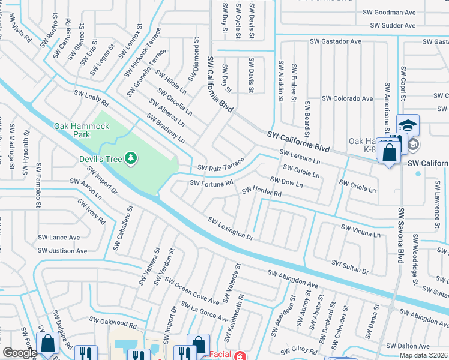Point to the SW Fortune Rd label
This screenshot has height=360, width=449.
211,183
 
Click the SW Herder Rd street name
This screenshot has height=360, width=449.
261,192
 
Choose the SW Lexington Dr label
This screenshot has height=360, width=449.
230,227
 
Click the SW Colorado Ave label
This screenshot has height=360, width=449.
347,98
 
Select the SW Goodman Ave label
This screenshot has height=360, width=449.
389,12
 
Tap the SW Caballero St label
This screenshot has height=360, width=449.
122,229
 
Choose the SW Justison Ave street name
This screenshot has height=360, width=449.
62,251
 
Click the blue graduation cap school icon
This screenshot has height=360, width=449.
408,125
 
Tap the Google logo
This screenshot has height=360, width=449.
20,353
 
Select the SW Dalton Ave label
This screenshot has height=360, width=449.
408,346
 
